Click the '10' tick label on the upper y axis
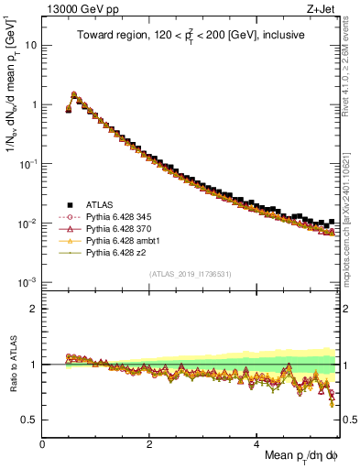tap(32, 44)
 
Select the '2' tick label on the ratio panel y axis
tap(35, 308)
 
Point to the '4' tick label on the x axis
tap(256, 446)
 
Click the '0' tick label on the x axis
tap(43, 446)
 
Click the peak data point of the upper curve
tap(73, 93)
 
